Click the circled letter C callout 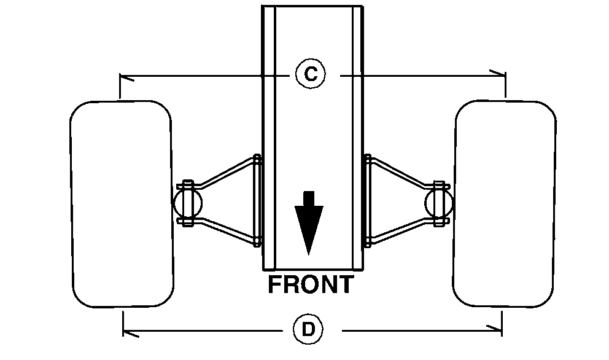point(311,74)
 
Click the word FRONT point(311,285)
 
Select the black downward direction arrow point(309,222)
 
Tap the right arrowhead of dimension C point(502,74)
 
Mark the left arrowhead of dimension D point(127,334)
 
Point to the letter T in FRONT point(346,285)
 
